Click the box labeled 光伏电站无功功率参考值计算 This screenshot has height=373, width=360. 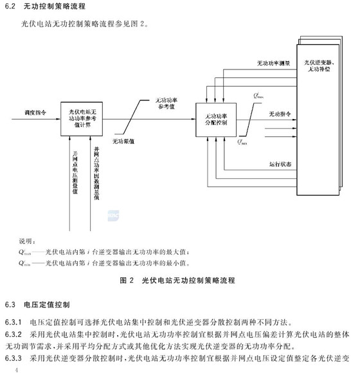tap(82, 120)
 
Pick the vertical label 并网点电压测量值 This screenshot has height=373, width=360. tap(75, 174)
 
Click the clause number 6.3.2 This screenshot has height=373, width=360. tap(12, 334)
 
